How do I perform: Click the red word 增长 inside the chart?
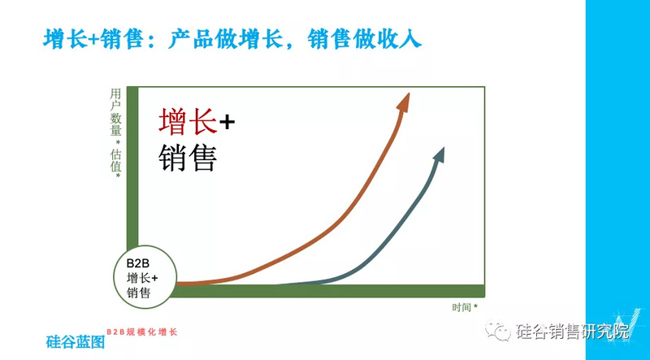[187, 121]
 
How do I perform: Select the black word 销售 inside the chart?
[187, 158]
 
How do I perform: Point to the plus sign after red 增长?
[227, 122]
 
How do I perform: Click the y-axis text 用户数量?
[116, 113]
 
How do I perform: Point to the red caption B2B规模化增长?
[141, 332]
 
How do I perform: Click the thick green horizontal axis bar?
[325, 291]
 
